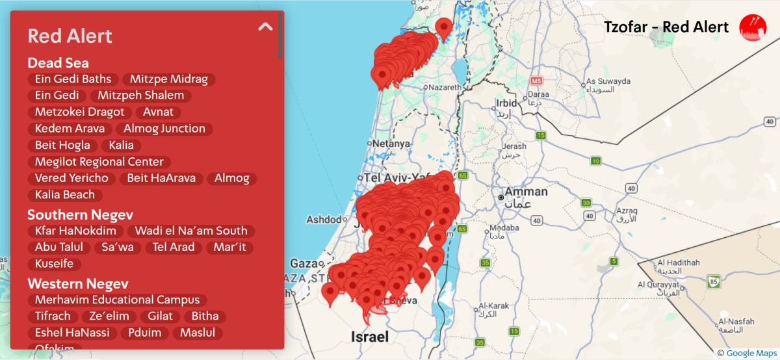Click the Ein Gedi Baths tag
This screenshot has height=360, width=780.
tap(73, 79)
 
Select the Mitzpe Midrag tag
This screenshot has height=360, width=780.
tap(168, 79)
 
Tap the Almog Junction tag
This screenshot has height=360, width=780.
tap(164, 129)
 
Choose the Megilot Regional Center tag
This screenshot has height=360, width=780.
tap(99, 162)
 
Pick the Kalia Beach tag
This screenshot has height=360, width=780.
tap(65, 195)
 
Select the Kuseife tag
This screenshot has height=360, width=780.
tap(55, 264)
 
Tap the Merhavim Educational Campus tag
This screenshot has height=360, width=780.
tap(118, 300)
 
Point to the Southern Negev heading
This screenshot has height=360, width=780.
tap(81, 214)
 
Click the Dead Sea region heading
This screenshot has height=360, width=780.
tap(58, 63)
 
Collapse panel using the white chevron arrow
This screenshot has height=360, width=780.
tap(265, 27)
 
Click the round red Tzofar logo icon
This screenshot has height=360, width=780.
tap(753, 27)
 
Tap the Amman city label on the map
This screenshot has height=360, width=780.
tap(526, 192)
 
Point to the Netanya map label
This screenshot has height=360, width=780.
tap(392, 144)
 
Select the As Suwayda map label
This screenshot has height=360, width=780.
tap(608, 81)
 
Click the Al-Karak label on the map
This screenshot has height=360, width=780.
tap(492, 305)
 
